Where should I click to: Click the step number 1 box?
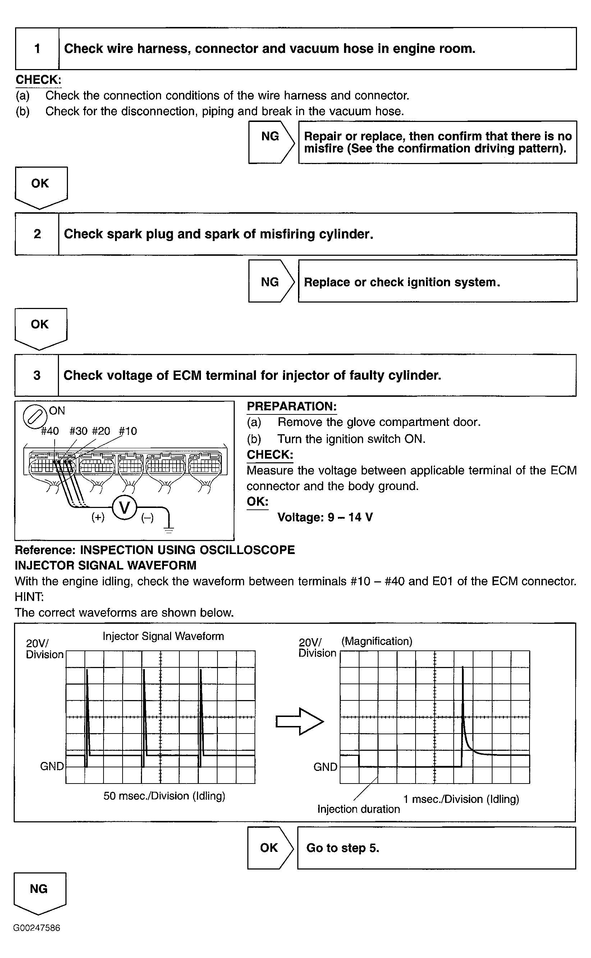(x=37, y=49)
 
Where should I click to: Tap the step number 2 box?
(x=37, y=234)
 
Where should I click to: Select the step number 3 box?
(x=37, y=375)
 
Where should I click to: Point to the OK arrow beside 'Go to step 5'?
(x=270, y=848)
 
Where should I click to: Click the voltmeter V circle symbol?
(x=124, y=508)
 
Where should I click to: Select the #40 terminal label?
(x=50, y=431)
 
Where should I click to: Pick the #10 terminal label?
(x=128, y=431)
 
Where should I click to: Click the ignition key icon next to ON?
(x=35, y=417)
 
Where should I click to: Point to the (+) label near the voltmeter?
(x=98, y=517)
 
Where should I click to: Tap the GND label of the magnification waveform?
(x=325, y=767)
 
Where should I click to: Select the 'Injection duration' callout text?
(x=358, y=809)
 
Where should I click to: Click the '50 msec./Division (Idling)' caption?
(x=164, y=796)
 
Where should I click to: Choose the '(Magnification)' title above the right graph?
(x=377, y=641)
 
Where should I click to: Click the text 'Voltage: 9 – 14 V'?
(x=325, y=517)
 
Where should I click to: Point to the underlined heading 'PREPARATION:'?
(x=292, y=407)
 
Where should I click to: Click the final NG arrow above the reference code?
(x=40, y=893)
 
